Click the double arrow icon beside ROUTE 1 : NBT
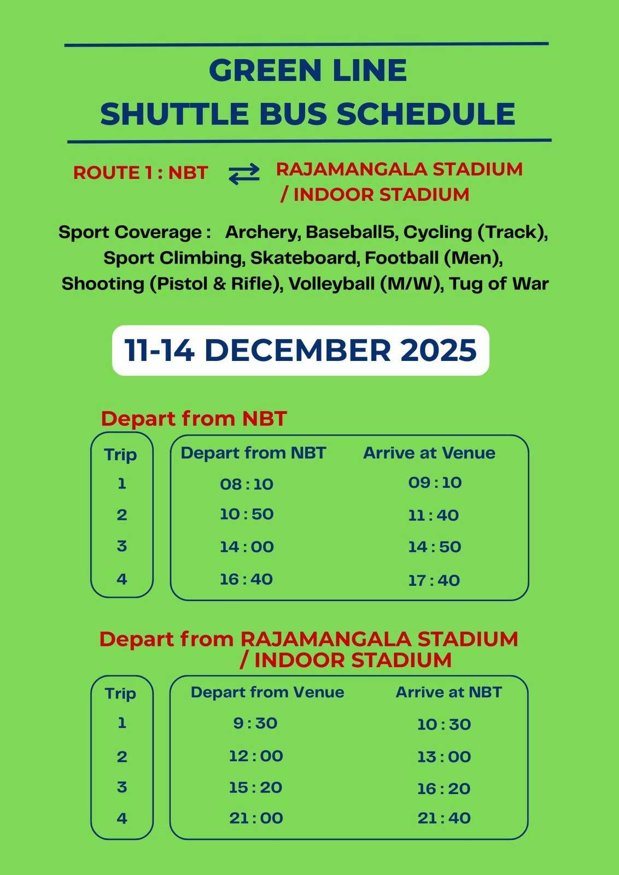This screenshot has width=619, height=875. (244, 174)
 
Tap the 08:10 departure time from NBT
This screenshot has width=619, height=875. (246, 484)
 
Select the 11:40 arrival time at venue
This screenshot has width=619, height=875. (433, 515)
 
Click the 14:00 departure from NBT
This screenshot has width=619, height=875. (246, 547)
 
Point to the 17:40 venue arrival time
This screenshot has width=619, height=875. (434, 580)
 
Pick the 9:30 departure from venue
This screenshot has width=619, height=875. (255, 723)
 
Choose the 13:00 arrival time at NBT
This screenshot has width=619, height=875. (443, 757)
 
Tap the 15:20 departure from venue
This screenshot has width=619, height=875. (255, 787)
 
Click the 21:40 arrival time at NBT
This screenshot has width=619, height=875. (443, 818)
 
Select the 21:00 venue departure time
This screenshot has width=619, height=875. (255, 818)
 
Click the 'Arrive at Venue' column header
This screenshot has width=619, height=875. (429, 453)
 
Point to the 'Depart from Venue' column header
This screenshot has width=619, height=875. (267, 692)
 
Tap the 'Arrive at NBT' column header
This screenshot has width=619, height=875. (448, 692)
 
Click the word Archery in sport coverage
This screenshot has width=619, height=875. (261, 232)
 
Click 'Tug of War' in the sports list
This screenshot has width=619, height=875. (499, 284)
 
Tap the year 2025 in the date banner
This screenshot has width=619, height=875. (439, 350)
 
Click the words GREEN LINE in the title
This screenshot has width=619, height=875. (308, 71)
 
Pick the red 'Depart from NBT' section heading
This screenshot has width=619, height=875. (194, 419)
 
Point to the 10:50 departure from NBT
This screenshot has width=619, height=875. (246, 515)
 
